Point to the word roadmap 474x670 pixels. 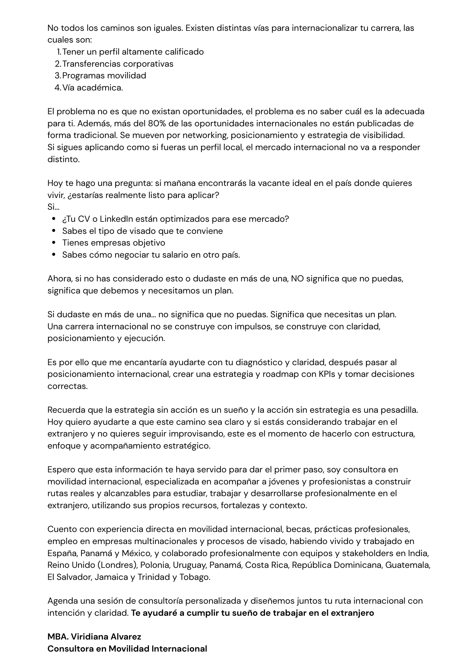[x=280, y=374]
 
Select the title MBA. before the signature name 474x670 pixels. [x=58, y=636]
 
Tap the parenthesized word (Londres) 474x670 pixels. [x=118, y=565]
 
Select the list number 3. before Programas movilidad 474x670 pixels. [x=58, y=75]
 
